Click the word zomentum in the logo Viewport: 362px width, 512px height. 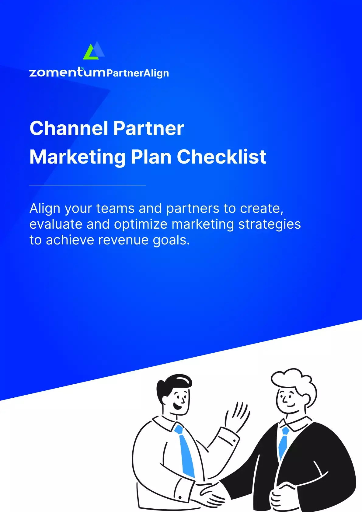coord(67,73)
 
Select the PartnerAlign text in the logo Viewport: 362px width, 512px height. coord(138,73)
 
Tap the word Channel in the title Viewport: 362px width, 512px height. coord(69,128)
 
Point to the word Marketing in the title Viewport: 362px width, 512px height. coord(78,157)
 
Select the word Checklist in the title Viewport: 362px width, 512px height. coord(221,157)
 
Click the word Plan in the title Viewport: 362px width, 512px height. coord(151,157)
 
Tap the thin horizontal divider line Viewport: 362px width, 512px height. coord(88,185)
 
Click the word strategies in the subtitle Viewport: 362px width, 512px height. coord(270,224)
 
